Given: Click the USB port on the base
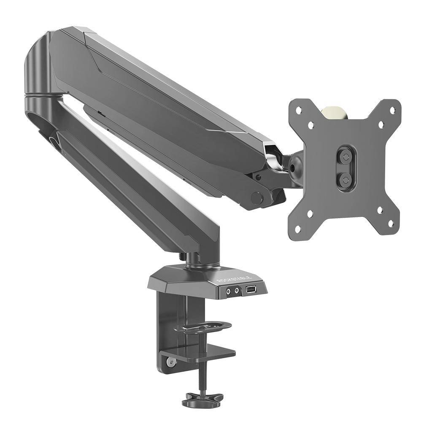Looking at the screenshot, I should click(x=250, y=290).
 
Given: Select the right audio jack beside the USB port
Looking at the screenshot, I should click(x=237, y=290).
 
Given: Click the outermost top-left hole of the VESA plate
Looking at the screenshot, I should click(x=299, y=111).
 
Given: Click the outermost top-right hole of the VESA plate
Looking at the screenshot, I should click(x=392, y=110).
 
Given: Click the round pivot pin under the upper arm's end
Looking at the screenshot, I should click(x=256, y=197).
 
